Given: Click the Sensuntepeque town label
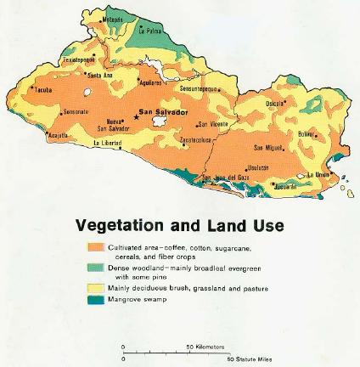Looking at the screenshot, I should click(200, 88).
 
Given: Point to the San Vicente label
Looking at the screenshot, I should click(215, 125).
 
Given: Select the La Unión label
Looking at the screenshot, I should click(318, 174).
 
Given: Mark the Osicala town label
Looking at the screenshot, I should click(275, 104).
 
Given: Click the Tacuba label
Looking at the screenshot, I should click(43, 88).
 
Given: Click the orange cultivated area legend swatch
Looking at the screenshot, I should click(96, 247).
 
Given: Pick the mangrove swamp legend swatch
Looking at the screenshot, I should click(96, 299).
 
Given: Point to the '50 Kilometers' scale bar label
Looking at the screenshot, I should click(206, 347).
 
